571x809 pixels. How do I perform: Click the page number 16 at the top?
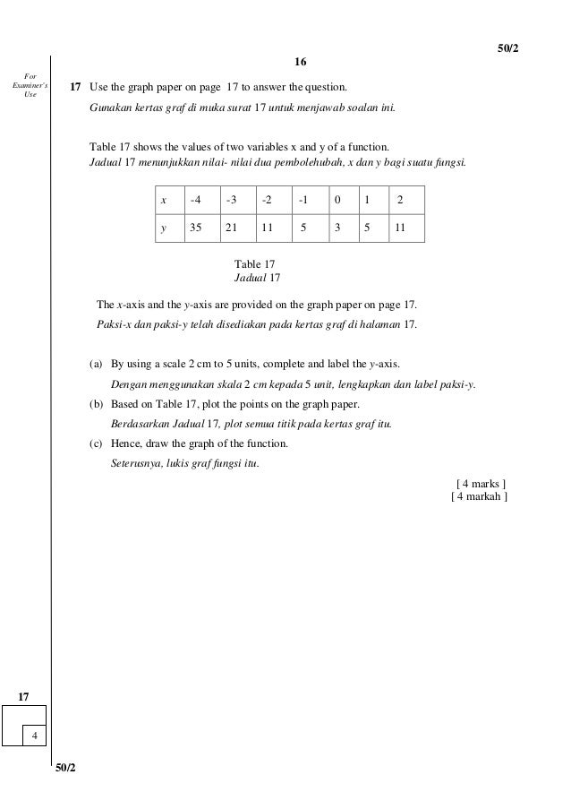point(300,62)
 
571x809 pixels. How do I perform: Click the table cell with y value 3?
point(337,228)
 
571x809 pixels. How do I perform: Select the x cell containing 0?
point(337,200)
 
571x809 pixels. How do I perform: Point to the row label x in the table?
point(164,200)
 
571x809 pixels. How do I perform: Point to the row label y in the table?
point(164,228)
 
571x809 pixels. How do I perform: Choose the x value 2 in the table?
point(400,200)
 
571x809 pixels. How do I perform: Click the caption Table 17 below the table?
point(255,264)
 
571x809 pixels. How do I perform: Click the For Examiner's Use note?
point(25,85)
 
